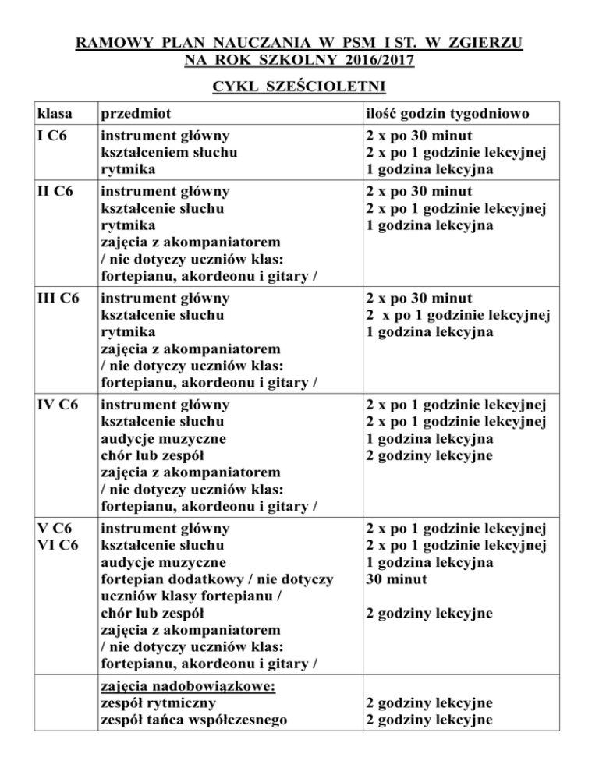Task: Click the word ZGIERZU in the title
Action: click(x=485, y=39)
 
